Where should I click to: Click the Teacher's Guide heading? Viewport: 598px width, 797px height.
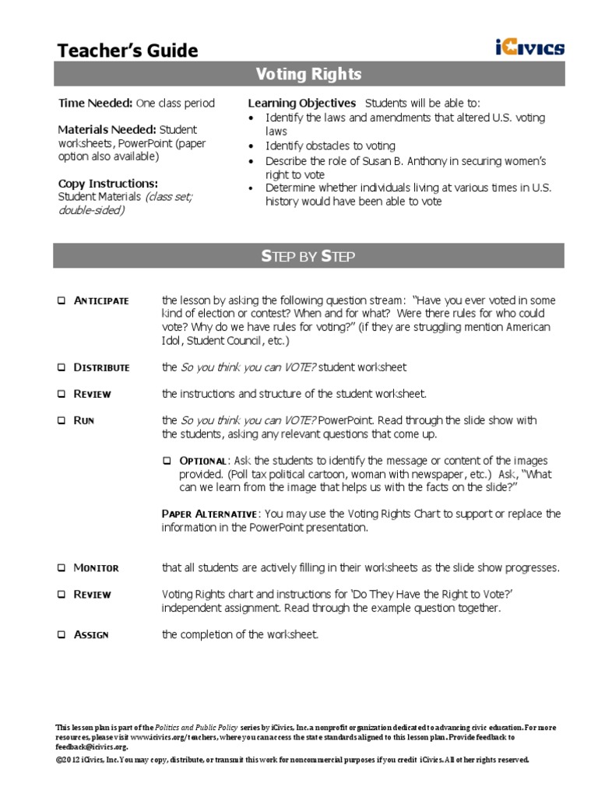[128, 51]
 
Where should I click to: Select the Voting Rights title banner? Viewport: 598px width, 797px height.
[309, 75]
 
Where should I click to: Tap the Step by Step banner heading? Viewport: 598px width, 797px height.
[309, 256]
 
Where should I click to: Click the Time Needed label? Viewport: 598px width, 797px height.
[95, 103]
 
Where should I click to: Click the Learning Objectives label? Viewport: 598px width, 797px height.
[301, 103]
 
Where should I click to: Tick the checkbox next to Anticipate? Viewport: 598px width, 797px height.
[62, 301]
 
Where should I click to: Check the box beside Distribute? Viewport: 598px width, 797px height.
[62, 367]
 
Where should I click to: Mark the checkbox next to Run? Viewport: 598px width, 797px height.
[62, 420]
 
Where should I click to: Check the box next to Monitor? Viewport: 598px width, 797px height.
[62, 568]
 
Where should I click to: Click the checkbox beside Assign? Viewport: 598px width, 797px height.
[62, 635]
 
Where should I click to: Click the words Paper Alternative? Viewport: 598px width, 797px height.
[209, 514]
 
